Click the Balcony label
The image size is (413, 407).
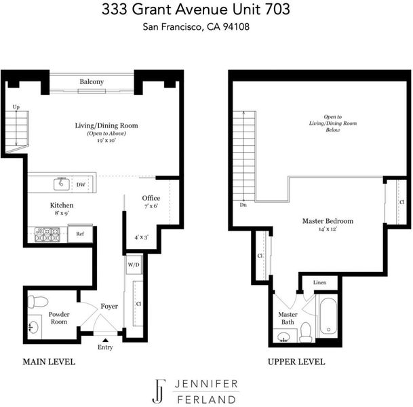92,82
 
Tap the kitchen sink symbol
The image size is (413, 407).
62,184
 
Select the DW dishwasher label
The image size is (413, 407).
81,185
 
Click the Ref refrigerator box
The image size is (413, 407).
80,233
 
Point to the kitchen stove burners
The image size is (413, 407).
47,235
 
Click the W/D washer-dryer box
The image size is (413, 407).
134,265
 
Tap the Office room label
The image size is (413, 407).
151,198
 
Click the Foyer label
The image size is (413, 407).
109,307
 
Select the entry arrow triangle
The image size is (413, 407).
105,340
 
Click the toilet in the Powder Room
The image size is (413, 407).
38,301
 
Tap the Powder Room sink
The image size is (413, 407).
33,328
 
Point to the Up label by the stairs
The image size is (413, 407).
16,107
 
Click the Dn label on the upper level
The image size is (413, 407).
243,205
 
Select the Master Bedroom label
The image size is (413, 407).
328,220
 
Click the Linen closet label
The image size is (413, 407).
320,282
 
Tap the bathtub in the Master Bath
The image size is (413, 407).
328,316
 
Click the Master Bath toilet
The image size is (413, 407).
306,332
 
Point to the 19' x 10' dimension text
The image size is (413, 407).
106,140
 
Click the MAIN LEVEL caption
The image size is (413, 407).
49,362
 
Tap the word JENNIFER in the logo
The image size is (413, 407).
206,384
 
